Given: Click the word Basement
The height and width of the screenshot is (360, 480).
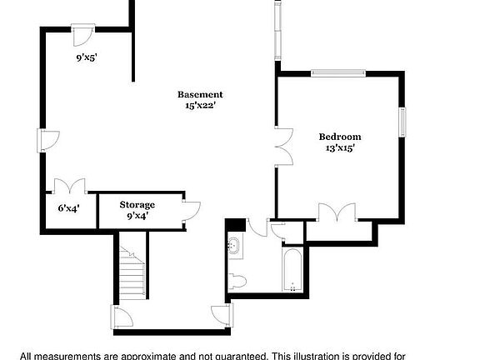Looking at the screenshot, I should [200, 94].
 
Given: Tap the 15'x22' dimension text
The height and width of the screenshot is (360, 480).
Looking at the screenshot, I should [200, 106].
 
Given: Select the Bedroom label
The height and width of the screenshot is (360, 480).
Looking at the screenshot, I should [340, 136].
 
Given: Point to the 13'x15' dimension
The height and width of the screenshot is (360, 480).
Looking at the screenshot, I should [340, 148].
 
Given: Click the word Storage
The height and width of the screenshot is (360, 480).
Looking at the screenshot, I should [137, 204].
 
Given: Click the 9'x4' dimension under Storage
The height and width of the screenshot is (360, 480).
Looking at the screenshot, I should [137, 216].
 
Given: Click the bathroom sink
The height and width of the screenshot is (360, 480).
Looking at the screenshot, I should [236, 247].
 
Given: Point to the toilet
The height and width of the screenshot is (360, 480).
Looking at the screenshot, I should [237, 278].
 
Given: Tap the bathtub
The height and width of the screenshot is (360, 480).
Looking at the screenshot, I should [293, 268].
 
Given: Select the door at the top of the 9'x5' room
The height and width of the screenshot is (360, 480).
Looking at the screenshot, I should [82, 33].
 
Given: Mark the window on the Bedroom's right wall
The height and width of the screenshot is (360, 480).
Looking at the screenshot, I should [402, 122].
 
